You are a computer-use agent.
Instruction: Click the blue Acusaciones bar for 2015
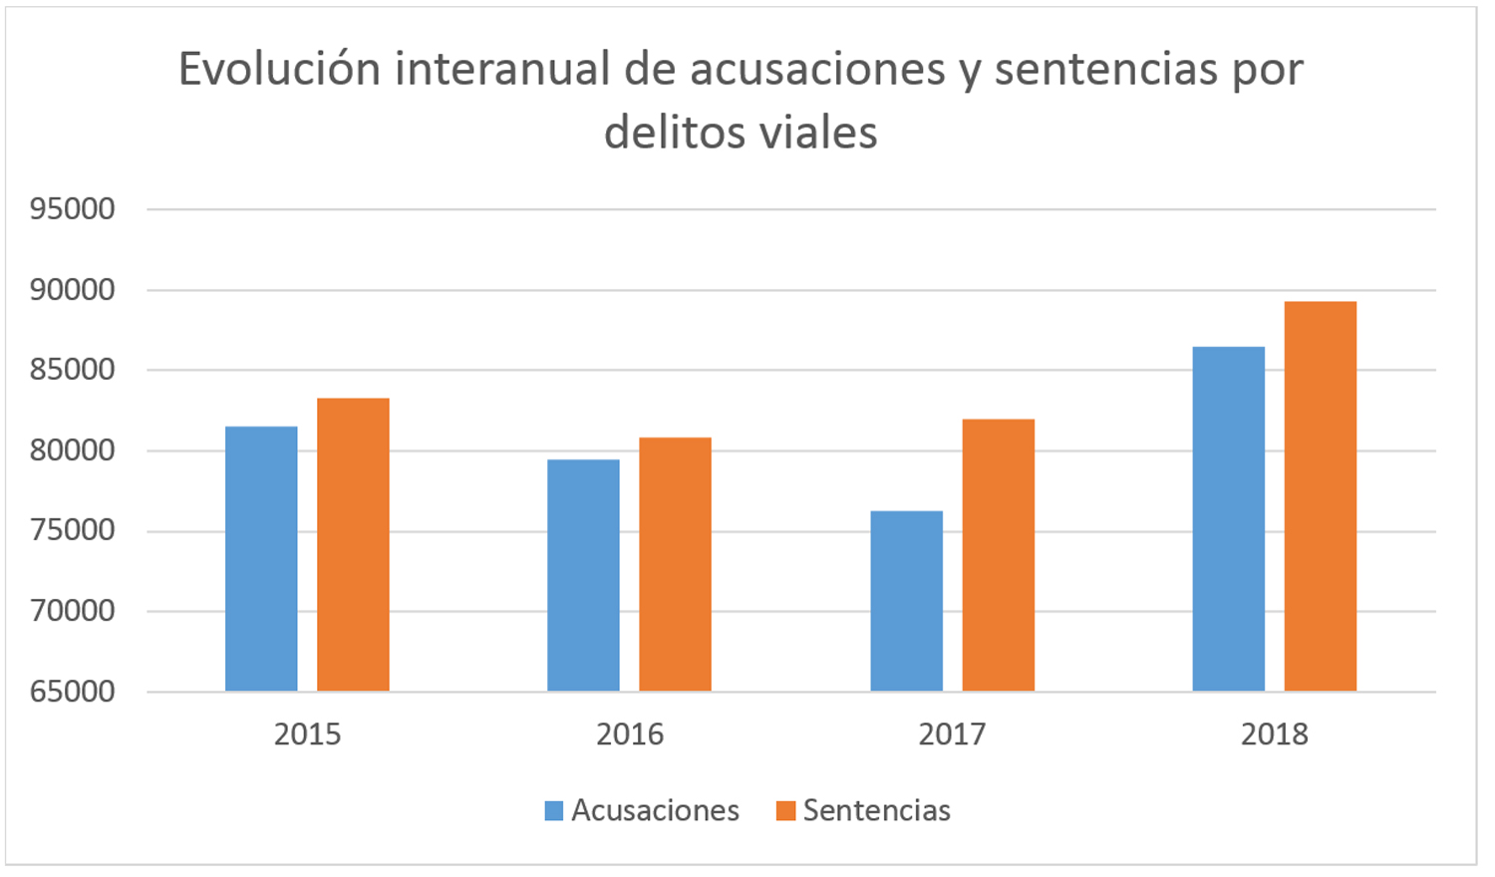tap(261, 558)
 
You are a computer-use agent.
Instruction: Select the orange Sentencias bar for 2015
tap(353, 544)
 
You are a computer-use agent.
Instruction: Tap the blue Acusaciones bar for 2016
tap(583, 575)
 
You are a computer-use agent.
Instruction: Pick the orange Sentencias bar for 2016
tap(675, 564)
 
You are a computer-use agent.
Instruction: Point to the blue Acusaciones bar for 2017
tap(906, 601)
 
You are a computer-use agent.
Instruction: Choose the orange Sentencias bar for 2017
tap(998, 555)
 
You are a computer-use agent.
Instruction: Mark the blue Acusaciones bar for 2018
tap(1228, 518)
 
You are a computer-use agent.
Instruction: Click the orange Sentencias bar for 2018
tap(1320, 496)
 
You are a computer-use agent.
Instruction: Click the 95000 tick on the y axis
tap(73, 209)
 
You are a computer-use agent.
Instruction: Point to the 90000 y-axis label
tap(73, 290)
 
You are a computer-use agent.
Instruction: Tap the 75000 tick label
tap(73, 530)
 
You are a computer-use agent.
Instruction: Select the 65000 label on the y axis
tap(73, 691)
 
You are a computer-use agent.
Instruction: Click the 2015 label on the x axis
tap(307, 734)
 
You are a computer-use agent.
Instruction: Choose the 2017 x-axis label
tap(952, 734)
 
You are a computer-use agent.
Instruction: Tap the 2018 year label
tap(1274, 734)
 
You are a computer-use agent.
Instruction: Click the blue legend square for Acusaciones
tap(554, 810)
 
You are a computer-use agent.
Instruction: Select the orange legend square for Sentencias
tap(785, 810)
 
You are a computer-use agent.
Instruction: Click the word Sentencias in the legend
tap(877, 810)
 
